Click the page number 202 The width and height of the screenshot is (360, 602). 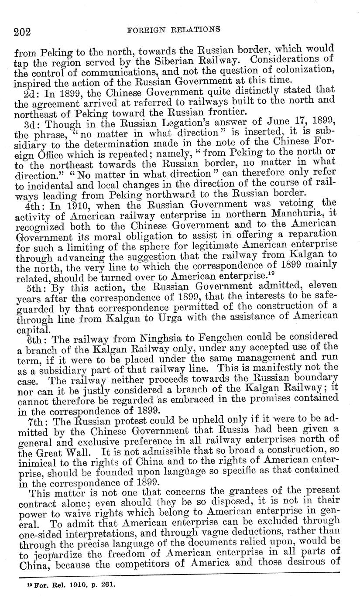[22, 31]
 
